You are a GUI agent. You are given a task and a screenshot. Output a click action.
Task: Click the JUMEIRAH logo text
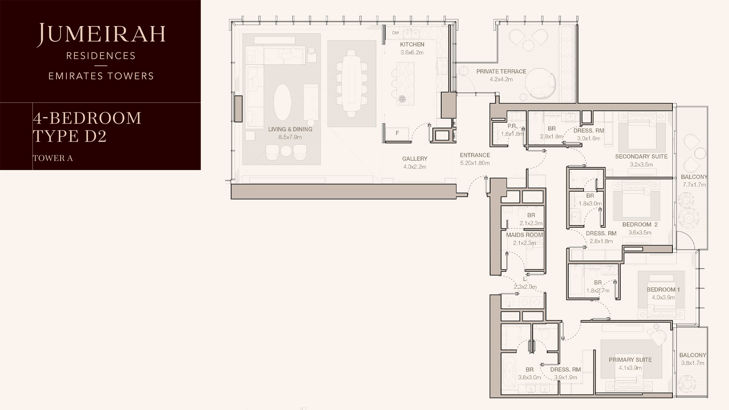click(101, 35)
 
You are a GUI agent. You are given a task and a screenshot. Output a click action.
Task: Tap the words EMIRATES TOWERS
click(101, 76)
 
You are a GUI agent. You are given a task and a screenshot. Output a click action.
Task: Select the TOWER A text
click(53, 158)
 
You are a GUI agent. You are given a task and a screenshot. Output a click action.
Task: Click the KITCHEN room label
click(412, 44)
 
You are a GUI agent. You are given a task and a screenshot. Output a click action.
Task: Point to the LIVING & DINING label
click(290, 129)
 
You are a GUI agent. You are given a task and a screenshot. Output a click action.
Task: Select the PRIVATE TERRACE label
click(501, 71)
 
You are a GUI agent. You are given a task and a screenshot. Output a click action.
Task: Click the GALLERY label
click(415, 159)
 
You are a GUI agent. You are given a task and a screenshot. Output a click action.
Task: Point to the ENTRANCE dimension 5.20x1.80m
click(475, 163)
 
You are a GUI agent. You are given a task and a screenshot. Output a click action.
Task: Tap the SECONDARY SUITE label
click(641, 156)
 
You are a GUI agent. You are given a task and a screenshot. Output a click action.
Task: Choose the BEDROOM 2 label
click(640, 224)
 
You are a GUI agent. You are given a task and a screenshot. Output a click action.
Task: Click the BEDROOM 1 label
click(663, 290)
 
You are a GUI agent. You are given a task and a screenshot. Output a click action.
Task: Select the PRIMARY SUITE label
click(630, 360)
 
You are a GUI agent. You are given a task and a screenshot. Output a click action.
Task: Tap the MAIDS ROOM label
click(524, 235)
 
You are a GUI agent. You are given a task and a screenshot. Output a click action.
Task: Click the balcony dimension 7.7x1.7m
click(694, 185)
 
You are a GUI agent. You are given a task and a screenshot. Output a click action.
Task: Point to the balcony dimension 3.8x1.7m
click(693, 363)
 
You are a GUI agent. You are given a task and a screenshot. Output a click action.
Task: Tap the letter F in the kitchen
click(397, 133)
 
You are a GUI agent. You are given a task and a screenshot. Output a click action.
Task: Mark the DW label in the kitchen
click(396, 33)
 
